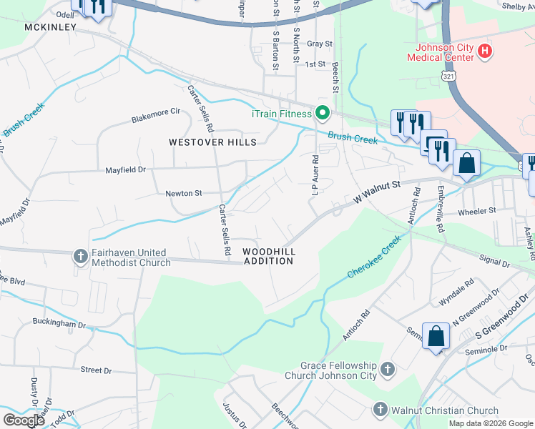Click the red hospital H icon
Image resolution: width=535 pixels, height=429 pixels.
click(x=486, y=51)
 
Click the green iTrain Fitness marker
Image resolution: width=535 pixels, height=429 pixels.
click(x=322, y=113)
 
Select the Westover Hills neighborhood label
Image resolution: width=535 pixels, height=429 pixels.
click(x=212, y=142)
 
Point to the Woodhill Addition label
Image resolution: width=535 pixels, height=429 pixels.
click(x=268, y=256)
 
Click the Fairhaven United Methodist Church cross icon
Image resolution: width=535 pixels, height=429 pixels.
click(x=81, y=255)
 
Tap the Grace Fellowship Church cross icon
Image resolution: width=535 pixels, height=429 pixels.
click(x=387, y=370)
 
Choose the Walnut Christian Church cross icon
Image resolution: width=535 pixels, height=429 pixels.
click(x=380, y=410)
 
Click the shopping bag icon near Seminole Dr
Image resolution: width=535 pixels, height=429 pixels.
click(x=436, y=336)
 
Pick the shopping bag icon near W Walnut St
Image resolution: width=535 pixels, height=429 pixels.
click(x=466, y=162)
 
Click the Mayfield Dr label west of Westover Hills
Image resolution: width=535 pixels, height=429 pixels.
click(x=126, y=170)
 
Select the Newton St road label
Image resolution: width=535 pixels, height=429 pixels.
click(x=185, y=193)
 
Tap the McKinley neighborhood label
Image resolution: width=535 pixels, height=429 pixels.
click(x=50, y=27)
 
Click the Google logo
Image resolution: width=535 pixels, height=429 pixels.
click(x=24, y=420)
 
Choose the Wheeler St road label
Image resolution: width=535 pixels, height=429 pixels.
click(x=476, y=211)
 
